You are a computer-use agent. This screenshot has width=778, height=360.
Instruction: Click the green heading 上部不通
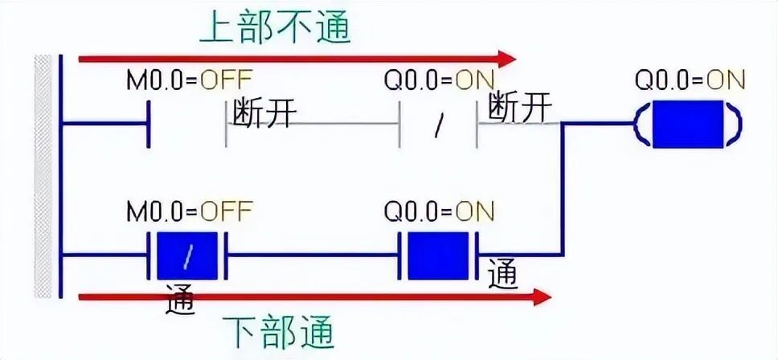pyautogui.click(x=275, y=27)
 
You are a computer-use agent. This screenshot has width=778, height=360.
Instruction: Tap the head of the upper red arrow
pyautogui.click(x=506, y=58)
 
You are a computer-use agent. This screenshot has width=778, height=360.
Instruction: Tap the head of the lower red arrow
pyautogui.click(x=541, y=298)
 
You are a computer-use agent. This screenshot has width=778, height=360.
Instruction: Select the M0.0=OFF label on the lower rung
pyautogui.click(x=190, y=211)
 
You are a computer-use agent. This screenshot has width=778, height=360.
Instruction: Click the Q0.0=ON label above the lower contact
pyautogui.click(x=439, y=211)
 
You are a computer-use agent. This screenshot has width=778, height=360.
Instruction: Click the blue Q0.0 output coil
pyautogui.click(x=687, y=124)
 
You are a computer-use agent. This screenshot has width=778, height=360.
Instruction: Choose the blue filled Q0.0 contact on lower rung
pyautogui.click(x=438, y=255)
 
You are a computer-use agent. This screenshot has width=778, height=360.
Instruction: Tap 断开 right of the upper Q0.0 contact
pyautogui.click(x=519, y=107)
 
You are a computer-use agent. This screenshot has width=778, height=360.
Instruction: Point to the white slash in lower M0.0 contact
pyautogui.click(x=188, y=256)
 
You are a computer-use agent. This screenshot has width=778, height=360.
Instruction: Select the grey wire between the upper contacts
pyautogui.click(x=313, y=124)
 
